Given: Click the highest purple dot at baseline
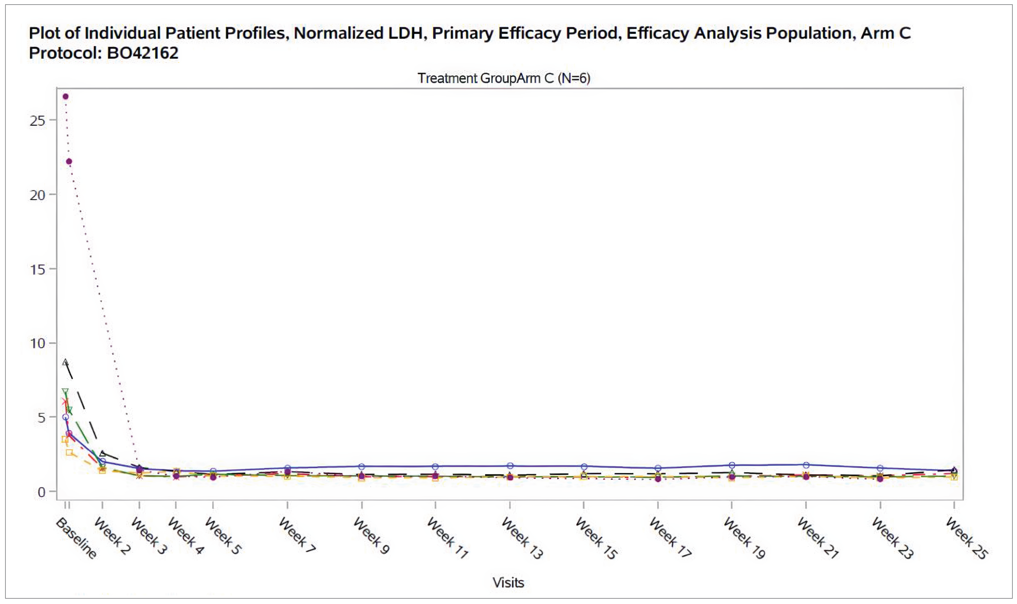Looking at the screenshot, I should [x=65, y=97].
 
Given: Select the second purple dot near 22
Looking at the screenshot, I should [x=69, y=162].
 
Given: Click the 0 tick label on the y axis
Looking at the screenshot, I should [x=41, y=492].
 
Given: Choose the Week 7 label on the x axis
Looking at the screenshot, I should [x=297, y=535].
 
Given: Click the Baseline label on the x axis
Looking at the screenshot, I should [x=77, y=538].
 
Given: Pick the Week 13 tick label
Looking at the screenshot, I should [x=522, y=538].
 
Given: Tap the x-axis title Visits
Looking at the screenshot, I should [x=508, y=583].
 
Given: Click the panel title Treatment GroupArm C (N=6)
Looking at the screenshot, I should [x=504, y=78].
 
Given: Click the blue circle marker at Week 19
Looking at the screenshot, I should [x=732, y=465].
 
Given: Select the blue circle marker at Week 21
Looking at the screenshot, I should [x=806, y=465].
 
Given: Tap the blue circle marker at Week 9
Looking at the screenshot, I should [x=362, y=466].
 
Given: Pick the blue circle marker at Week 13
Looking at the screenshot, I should [x=510, y=466].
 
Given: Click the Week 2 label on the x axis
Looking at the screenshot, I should [x=112, y=536].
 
